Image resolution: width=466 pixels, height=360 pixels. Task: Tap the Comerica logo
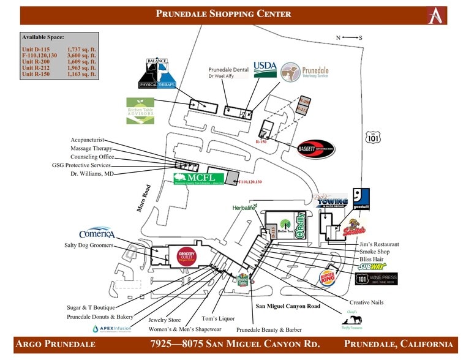(x=97, y=234)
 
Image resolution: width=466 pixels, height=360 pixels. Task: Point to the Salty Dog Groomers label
(x=89, y=245)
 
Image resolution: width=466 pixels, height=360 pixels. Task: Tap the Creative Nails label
(x=367, y=302)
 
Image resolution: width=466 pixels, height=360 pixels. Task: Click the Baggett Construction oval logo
(x=315, y=148)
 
